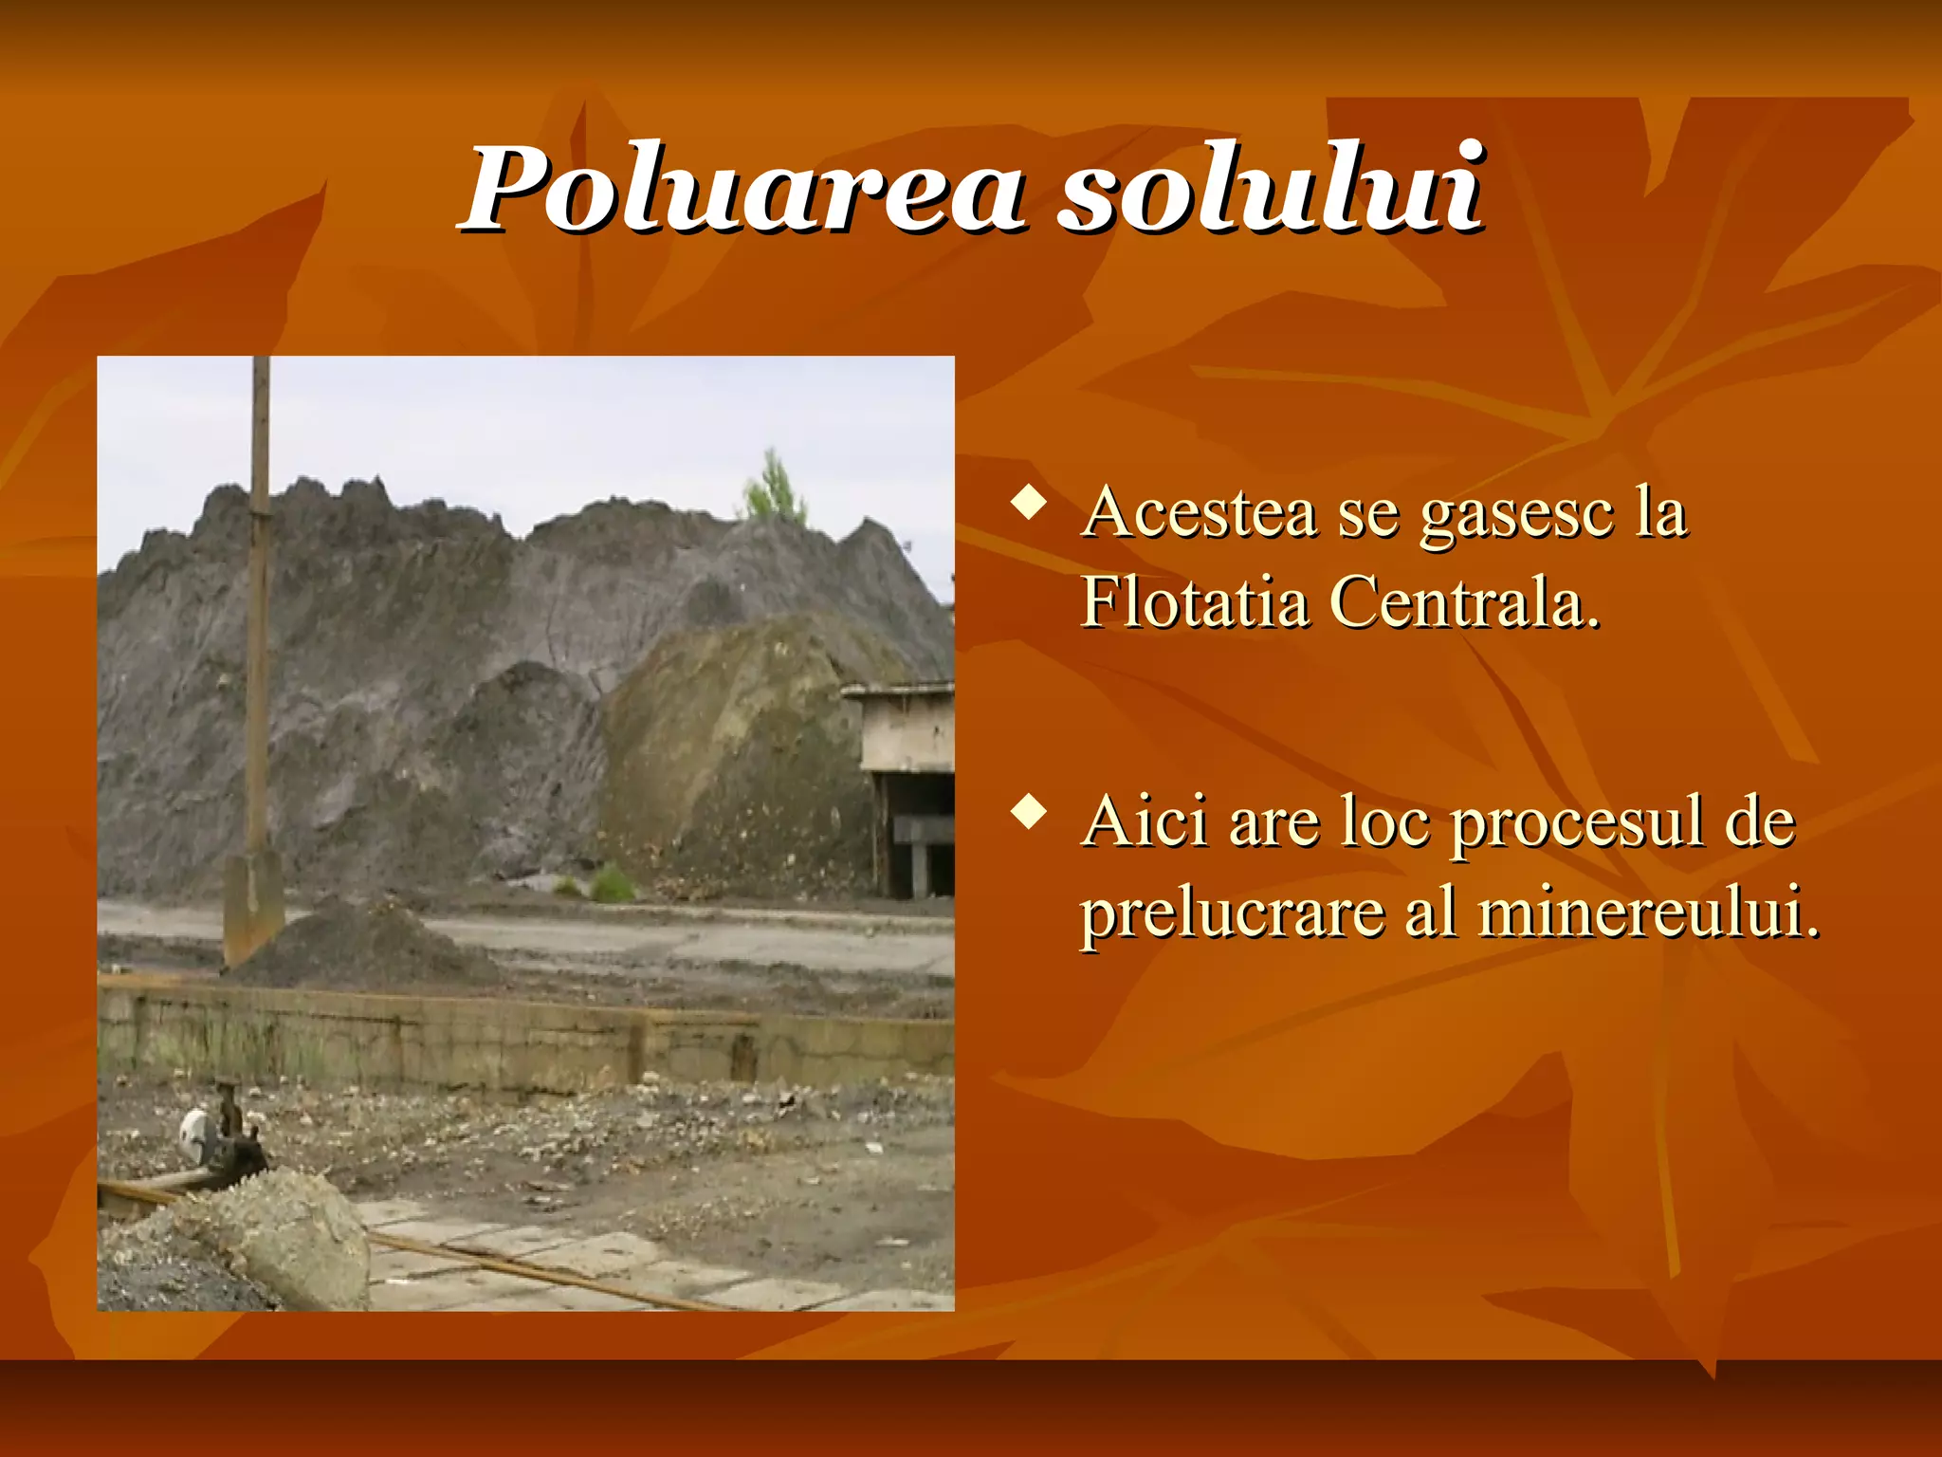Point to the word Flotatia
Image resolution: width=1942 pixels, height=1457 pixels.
tap(1194, 602)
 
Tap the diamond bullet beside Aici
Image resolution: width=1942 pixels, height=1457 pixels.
tap(1029, 812)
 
